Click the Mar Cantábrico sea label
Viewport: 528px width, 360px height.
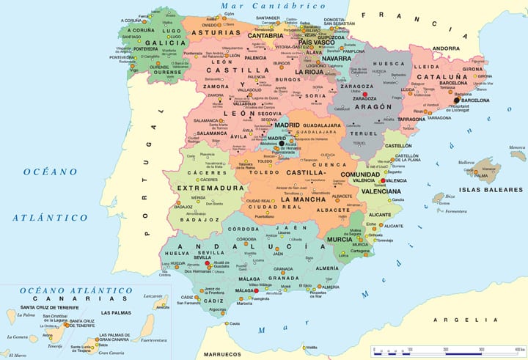point(272,6)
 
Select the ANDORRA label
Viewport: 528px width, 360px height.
point(445,48)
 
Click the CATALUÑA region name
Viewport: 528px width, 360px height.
point(443,76)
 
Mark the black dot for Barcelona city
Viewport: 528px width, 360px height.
point(456,100)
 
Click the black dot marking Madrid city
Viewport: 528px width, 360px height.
point(271,144)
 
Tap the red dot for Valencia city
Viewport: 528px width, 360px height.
point(382,180)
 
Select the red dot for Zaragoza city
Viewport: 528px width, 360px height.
point(365,95)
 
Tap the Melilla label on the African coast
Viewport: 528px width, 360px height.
point(311,347)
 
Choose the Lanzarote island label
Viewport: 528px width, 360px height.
point(153,295)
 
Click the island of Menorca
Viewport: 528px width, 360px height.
point(518,155)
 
